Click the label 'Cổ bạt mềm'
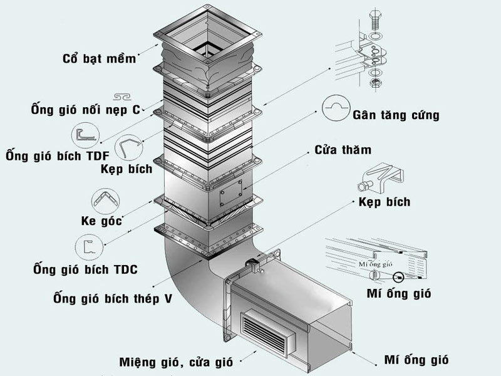click(99, 59)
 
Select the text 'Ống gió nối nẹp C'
click(85, 110)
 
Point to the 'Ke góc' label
click(101, 221)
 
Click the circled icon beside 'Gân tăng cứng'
click(336, 108)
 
